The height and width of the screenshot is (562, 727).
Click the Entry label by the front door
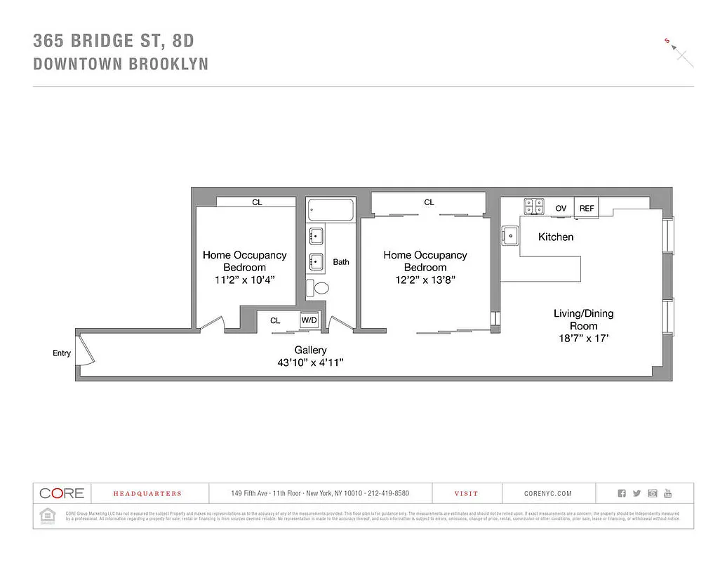click(62, 353)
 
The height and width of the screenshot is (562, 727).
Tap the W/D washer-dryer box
click(309, 320)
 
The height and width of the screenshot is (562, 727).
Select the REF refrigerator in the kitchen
click(586, 208)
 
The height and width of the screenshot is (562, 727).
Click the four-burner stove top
click(534, 207)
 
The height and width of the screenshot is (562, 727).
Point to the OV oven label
click(561, 209)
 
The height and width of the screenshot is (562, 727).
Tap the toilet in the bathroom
click(321, 287)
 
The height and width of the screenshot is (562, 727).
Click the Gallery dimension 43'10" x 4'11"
click(310, 362)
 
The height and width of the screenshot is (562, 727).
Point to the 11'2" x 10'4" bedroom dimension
click(245, 279)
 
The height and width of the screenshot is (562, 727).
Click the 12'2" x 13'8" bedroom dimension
click(425, 279)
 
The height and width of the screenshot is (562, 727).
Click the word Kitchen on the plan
click(556, 237)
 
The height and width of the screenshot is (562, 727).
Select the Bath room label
click(341, 262)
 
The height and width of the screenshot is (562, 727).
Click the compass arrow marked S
click(679, 51)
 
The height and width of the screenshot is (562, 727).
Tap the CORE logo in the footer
click(62, 493)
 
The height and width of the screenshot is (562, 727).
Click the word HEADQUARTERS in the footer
click(147, 494)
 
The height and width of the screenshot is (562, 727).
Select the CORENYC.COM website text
click(548, 494)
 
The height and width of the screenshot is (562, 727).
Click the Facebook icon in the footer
click(622, 493)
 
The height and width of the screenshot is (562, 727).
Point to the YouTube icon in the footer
click(668, 493)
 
